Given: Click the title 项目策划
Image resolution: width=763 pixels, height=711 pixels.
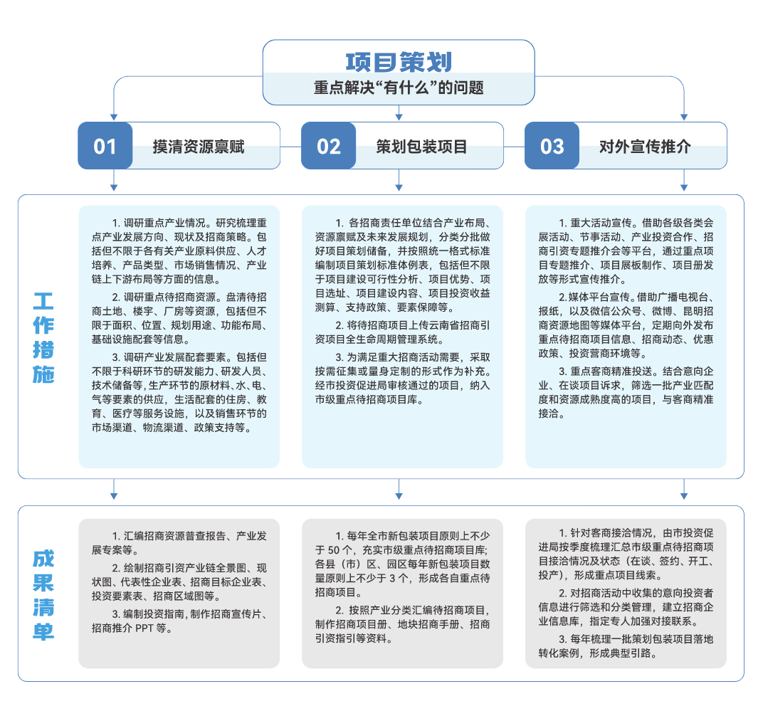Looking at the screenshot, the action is pos(399,63).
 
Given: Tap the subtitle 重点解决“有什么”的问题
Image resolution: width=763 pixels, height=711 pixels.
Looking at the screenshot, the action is pos(399,88).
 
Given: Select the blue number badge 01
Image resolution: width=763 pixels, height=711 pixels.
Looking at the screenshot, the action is pos(105,146).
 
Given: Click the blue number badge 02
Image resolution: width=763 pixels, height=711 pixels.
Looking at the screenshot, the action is pos(328,146).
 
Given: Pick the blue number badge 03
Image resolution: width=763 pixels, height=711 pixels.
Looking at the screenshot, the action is pos(552,146).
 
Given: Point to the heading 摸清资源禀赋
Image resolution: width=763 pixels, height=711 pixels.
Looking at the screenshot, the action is pos(199,147).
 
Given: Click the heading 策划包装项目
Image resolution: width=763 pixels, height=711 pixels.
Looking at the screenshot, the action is pos(421,147).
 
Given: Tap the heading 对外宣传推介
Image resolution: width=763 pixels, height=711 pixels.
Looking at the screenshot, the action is pos(645,147).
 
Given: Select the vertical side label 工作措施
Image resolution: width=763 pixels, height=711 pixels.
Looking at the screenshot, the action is pos(43,338).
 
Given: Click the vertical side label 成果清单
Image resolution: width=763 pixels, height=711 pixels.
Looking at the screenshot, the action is pos(43,595).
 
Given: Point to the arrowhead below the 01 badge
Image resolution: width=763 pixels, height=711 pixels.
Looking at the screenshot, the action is pos(114,187).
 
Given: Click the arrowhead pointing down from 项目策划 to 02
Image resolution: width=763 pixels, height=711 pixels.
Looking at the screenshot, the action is pos(399,117).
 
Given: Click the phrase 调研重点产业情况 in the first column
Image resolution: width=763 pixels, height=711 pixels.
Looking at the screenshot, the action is pos(164,223).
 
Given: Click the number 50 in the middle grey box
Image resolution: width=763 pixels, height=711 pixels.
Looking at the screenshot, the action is pos(334,550).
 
